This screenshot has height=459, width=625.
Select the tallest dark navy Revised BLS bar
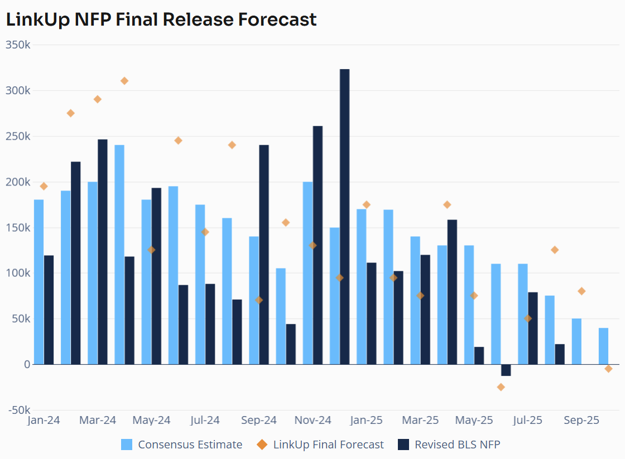[x=344, y=217]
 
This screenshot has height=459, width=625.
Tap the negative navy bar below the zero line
[x=506, y=370]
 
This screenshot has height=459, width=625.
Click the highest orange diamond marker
[x=124, y=81]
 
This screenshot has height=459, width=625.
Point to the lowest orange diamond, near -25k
[x=501, y=387]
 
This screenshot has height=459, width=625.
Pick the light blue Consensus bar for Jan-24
[x=39, y=282]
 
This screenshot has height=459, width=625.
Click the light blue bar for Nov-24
[x=307, y=273]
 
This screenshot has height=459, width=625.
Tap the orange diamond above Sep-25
[x=581, y=291]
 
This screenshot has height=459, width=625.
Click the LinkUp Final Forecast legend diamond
[x=261, y=445]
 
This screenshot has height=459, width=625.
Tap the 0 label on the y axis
[x=26, y=364]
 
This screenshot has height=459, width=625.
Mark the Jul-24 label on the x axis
[x=205, y=420]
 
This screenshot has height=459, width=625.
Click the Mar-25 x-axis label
[x=420, y=420]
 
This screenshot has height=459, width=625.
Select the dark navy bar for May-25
[x=479, y=355]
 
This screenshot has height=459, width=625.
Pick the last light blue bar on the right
[x=603, y=346]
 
